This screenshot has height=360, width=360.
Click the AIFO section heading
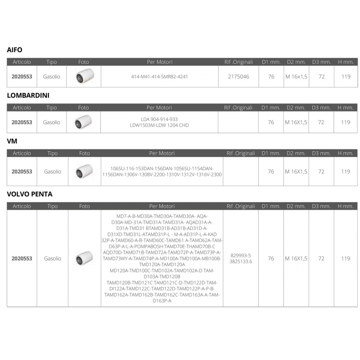point(14,50)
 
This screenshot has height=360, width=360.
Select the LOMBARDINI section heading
point(28,95)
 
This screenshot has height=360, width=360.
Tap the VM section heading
point(12,141)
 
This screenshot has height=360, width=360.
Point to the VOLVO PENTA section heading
point(30,194)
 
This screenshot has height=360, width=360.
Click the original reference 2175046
point(238,77)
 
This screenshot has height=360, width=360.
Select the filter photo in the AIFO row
point(84,76)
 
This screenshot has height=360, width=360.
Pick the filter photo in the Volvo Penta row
point(84,258)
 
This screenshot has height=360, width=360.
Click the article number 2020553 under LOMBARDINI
point(22,122)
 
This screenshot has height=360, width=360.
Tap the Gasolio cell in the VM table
point(52,171)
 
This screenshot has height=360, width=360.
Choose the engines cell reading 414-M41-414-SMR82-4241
point(162,77)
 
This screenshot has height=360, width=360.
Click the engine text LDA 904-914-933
point(159,119)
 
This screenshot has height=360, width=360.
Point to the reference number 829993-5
point(241,255)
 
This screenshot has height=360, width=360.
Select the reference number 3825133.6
point(241,261)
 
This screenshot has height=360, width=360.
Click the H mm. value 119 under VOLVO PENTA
point(345,259)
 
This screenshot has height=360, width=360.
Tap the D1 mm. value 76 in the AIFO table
point(271,77)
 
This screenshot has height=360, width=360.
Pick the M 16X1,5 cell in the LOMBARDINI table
point(296,122)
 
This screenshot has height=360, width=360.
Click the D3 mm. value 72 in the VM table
point(321,171)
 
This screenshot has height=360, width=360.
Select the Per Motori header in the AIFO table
point(160,62)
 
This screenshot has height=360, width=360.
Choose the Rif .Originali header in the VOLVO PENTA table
point(241,206)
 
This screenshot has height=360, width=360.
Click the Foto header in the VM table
point(84,153)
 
